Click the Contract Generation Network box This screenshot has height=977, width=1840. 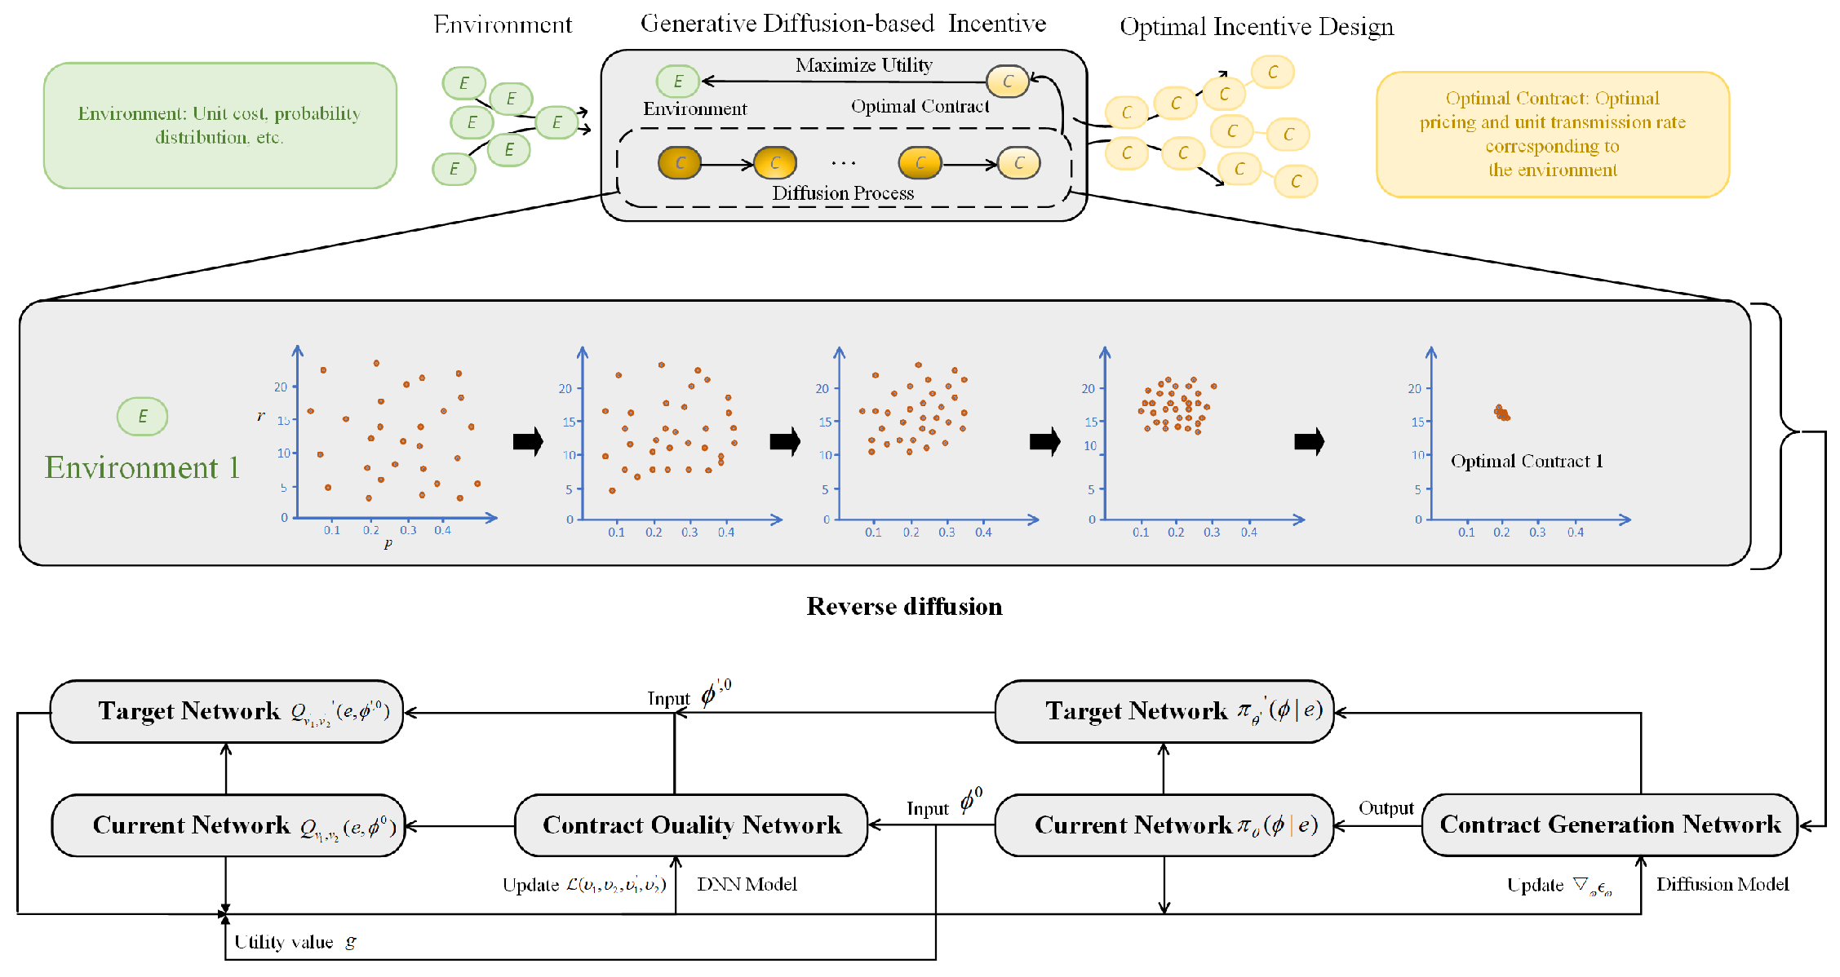(1609, 824)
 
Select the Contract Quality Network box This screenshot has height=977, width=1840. (691, 825)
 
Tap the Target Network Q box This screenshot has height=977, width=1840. (227, 711)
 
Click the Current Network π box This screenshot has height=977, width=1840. (1164, 825)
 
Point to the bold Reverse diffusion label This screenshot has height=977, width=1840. (904, 606)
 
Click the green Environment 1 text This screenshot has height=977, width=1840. (142, 467)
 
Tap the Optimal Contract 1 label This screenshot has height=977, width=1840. (1526, 462)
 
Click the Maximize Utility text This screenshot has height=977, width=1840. (863, 65)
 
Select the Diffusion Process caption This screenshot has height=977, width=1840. (842, 193)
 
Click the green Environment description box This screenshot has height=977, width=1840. (219, 126)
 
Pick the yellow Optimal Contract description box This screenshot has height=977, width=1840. (1552, 135)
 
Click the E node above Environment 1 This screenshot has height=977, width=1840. (142, 417)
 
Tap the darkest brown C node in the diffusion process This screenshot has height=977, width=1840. (679, 163)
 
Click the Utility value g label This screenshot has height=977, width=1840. (295, 942)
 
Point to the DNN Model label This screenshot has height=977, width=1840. (747, 884)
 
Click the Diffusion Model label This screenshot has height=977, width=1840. (1722, 884)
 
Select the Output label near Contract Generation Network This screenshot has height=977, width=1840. (1386, 808)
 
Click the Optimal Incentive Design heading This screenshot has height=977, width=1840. (1256, 27)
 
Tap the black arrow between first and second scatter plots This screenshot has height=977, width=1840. (528, 441)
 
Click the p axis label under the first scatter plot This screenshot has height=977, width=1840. (388, 543)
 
